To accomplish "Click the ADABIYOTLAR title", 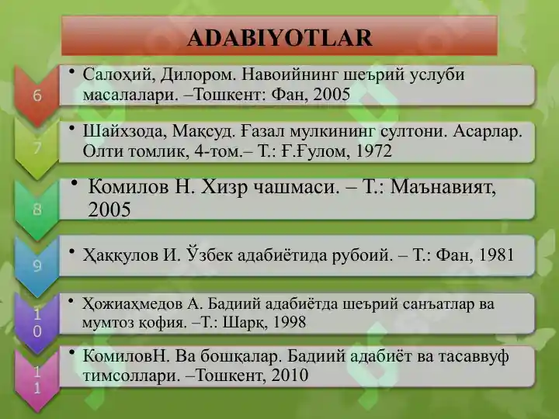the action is point(279,37).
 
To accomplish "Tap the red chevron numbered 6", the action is point(37,95).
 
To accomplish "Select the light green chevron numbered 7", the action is point(37,148).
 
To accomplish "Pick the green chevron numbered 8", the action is point(37,209).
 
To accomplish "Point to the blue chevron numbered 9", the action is point(37,265).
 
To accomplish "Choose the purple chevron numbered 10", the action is point(37,323).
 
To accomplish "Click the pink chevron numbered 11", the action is point(37,380).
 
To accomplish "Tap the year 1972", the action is point(374,151).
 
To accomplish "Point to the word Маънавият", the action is point(443,188).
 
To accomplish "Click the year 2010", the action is point(290,376).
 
